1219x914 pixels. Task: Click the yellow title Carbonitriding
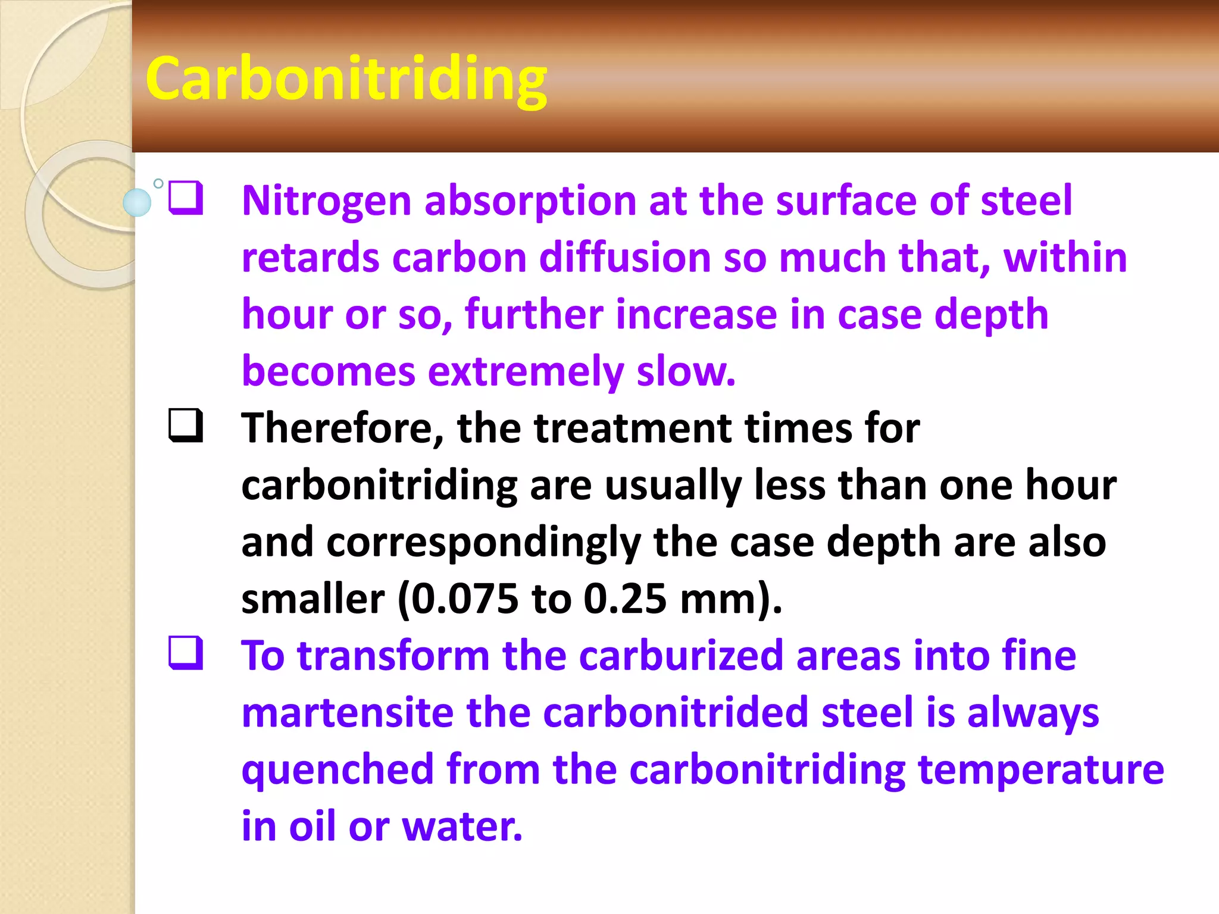click(346, 80)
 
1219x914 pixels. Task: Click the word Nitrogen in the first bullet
click(326, 201)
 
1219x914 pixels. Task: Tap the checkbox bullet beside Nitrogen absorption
click(186, 198)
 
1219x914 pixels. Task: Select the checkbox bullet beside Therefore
click(186, 425)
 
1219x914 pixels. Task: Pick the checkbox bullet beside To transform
click(186, 653)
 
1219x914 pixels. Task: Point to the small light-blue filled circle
click(137, 202)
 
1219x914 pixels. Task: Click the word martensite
click(347, 713)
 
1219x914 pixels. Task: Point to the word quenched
click(337, 770)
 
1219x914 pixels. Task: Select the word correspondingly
click(483, 543)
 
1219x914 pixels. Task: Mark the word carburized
click(680, 656)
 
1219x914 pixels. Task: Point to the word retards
click(310, 258)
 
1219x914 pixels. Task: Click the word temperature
click(1040, 770)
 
